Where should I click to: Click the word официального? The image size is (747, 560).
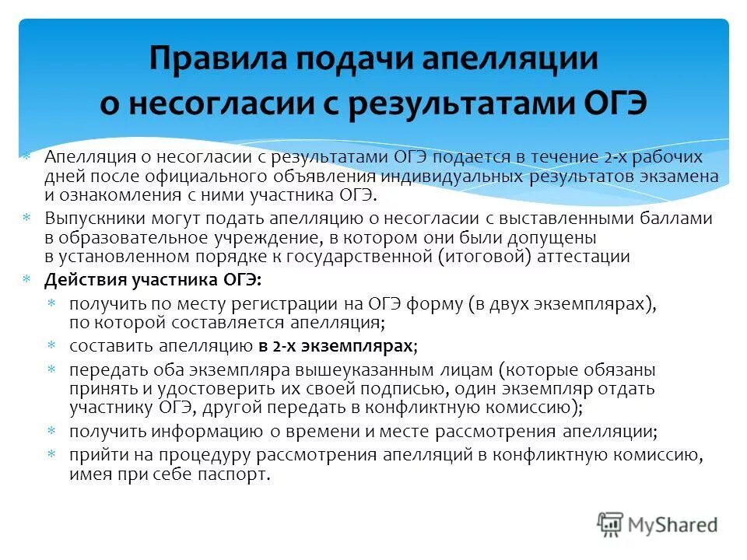click(236, 175)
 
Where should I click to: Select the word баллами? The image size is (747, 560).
click(676, 219)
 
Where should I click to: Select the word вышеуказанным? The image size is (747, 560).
click(345, 369)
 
